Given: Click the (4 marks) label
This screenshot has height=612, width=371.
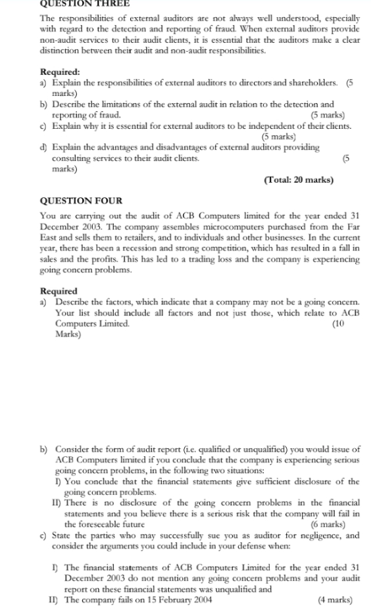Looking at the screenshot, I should [335, 600].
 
